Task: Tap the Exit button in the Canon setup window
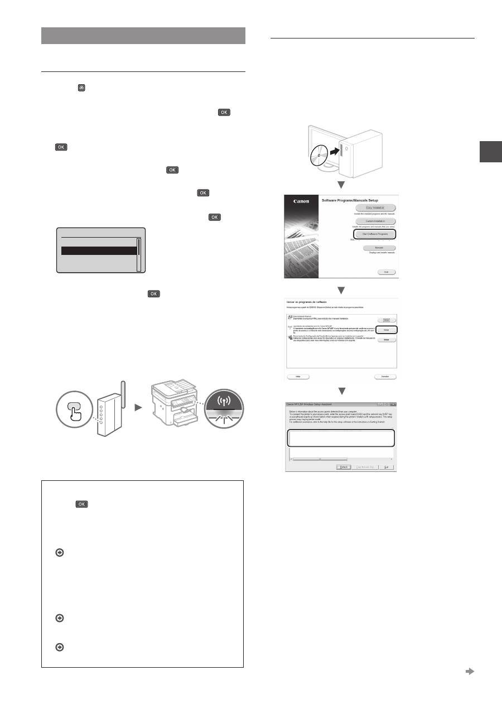pyautogui.click(x=386, y=272)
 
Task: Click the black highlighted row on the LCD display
pyautogui.click(x=99, y=251)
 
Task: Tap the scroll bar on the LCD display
pyautogui.click(x=139, y=254)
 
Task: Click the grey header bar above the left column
pyautogui.click(x=143, y=35)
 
